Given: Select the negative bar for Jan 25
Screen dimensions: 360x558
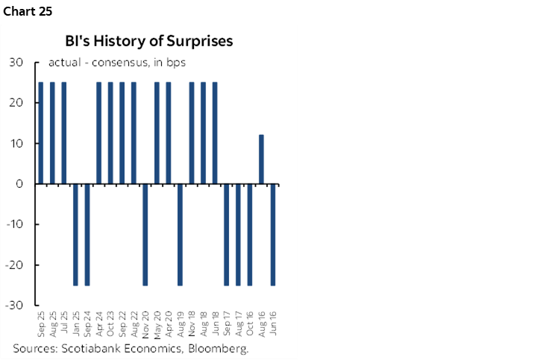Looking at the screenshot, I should (x=75, y=234).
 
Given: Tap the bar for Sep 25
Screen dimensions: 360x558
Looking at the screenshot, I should (x=40, y=133).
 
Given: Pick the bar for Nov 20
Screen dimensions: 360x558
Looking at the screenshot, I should (x=145, y=234).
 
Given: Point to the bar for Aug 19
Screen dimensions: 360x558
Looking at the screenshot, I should (x=180, y=234).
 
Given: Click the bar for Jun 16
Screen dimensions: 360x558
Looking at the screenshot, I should (x=273, y=234).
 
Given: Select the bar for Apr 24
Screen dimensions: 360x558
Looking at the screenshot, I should (x=98, y=133).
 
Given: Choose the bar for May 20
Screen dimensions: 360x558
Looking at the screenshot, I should (x=157, y=133).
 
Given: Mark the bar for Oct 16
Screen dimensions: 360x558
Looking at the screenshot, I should (x=250, y=234).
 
